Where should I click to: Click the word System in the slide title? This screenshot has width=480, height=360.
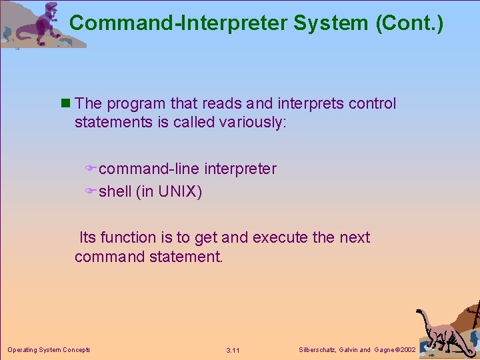tap(331, 23)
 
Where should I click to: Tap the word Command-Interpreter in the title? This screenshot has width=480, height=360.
tap(177, 23)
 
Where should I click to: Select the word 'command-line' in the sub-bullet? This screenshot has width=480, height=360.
tap(149, 169)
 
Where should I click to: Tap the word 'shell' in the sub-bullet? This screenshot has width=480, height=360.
tap(115, 192)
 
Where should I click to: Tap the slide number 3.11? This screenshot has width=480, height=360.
tap(233, 350)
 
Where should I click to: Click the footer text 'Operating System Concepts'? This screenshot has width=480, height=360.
tap(49, 350)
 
